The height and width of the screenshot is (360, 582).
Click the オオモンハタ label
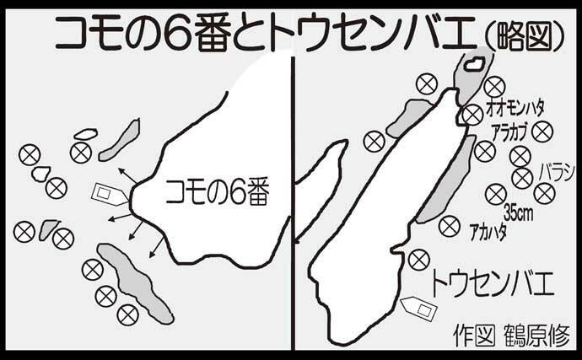pos(515,109)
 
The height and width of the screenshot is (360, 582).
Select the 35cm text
pos(519,213)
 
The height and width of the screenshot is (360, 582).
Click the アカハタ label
pos(488,233)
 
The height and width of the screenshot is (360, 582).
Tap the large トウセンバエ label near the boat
pos(492,283)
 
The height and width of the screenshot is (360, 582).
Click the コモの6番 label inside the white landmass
pos(217,193)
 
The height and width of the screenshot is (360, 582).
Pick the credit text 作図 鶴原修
pos(511,336)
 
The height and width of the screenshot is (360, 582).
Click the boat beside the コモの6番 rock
pos(110,194)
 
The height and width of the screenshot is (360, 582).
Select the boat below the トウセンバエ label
pos(419,308)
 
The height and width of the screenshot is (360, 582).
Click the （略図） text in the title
pos(524,38)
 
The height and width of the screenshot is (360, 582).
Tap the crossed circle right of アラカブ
pos(542,132)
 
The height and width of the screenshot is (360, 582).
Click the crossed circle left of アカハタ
pos(449,226)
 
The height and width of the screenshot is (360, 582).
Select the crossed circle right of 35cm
pos(545,193)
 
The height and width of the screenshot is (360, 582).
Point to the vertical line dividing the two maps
pos(293,203)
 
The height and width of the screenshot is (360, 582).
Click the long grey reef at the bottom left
pos(135,282)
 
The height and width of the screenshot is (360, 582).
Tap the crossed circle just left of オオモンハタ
pos(473,115)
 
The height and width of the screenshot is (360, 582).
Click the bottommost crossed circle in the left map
pos(127,314)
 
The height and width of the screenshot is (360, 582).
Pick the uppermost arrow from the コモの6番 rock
pos(127,176)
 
